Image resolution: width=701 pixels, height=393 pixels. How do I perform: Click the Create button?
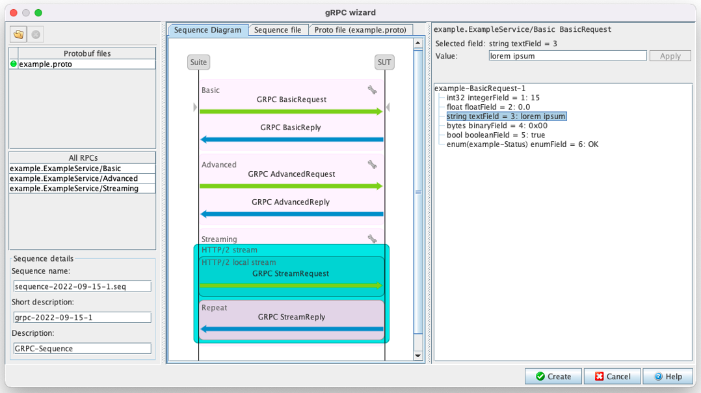pos(553,376)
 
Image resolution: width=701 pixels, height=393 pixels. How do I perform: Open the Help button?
pos(668,376)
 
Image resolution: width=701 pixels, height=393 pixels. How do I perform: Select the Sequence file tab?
pos(278,30)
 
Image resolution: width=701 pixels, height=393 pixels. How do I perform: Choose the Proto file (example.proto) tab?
pos(360,30)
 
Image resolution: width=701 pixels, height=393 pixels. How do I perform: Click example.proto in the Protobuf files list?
pos(46,64)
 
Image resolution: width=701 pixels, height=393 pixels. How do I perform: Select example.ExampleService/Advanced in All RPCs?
pos(73,178)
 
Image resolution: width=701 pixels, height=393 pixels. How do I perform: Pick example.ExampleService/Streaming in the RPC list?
pos(73,189)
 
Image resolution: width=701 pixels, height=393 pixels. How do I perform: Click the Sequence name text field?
pos(82,286)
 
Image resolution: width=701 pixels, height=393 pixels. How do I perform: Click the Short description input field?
pos(82,318)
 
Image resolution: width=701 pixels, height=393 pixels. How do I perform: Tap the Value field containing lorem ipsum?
pos(567,56)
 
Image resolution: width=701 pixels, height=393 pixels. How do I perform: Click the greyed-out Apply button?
pos(670,56)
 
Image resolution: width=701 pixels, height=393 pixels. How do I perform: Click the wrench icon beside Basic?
pos(372,90)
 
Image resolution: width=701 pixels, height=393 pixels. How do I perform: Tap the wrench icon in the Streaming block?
pos(372,239)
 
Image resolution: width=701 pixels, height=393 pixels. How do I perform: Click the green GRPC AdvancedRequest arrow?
pos(291,186)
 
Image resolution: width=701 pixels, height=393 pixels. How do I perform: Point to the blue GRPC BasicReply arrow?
pos(291,139)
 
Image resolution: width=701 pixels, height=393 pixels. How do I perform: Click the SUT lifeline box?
pos(384,62)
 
